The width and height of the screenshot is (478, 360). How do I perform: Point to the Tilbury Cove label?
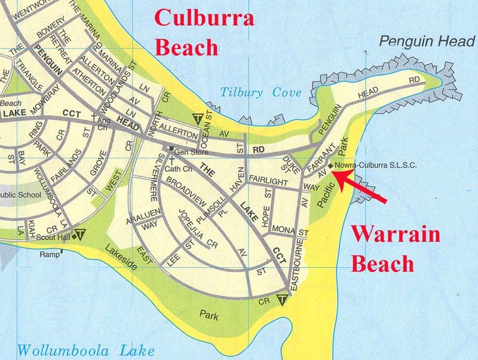(261, 93)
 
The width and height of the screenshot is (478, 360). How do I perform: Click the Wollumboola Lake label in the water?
(86, 349)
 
